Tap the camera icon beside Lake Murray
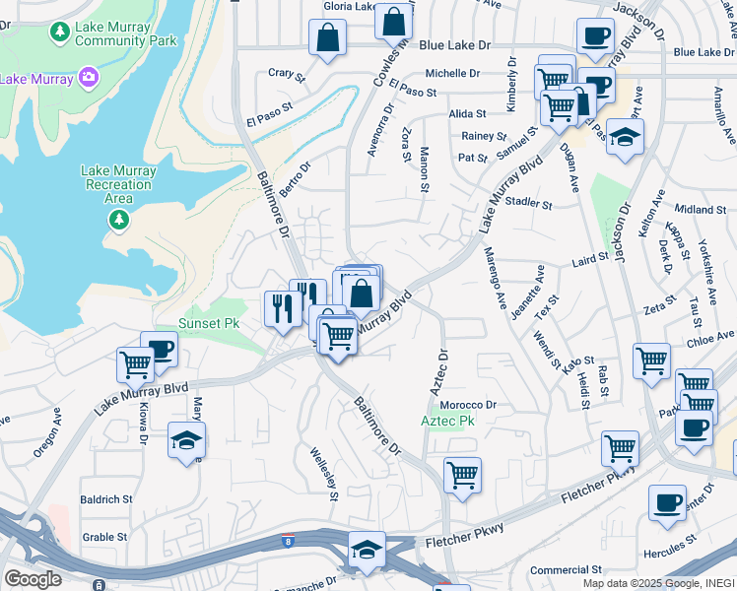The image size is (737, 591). (88, 77)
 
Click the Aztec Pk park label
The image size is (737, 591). (448, 421)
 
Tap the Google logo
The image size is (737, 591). (33, 578)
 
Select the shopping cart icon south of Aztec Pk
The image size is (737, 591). (462, 475)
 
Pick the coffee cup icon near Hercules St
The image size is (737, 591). (667, 502)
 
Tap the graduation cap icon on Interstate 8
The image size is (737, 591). (367, 550)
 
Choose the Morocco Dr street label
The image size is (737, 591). (468, 405)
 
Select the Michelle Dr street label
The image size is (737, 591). (452, 74)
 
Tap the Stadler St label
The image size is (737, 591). (529, 204)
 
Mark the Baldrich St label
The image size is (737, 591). (106, 499)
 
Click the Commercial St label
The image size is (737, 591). (566, 569)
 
